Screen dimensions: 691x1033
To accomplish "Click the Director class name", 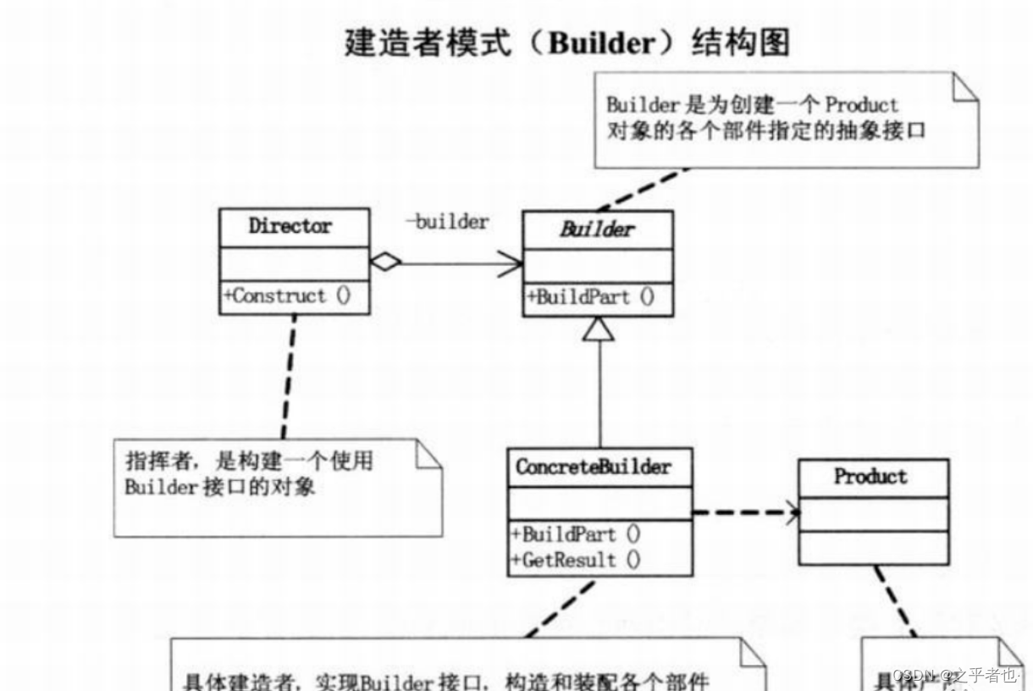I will [x=290, y=227].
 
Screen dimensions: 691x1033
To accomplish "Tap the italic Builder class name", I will [x=597, y=229].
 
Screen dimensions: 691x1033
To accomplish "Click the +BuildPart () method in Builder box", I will [x=590, y=298].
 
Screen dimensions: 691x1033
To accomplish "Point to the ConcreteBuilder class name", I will [x=593, y=467].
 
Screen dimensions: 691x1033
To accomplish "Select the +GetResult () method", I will [x=576, y=560].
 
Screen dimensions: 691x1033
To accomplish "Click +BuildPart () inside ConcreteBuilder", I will [x=576, y=534].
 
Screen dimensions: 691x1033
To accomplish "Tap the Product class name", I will [x=870, y=477].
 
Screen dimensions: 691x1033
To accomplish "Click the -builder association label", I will [x=448, y=222].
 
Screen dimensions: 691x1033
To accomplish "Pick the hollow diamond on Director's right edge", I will [x=385, y=263].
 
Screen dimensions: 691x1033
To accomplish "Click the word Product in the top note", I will [x=861, y=106].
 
